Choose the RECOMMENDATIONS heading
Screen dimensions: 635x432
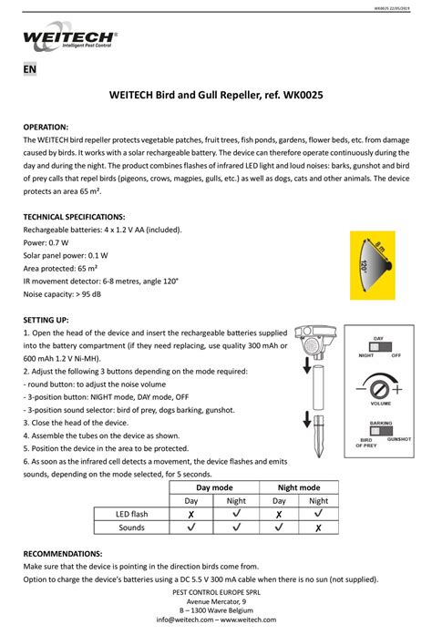point(63,554)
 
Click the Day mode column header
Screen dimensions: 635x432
point(214,488)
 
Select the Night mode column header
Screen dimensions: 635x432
point(297,488)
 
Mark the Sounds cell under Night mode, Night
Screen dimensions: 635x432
point(318,527)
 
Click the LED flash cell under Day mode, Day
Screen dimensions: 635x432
point(191,514)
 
